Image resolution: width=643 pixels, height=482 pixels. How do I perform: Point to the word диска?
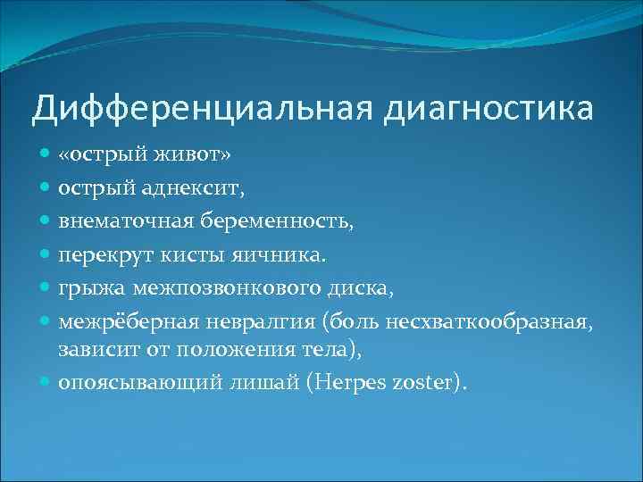pos(355,288)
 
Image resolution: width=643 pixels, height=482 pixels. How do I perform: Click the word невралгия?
pos(262,321)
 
